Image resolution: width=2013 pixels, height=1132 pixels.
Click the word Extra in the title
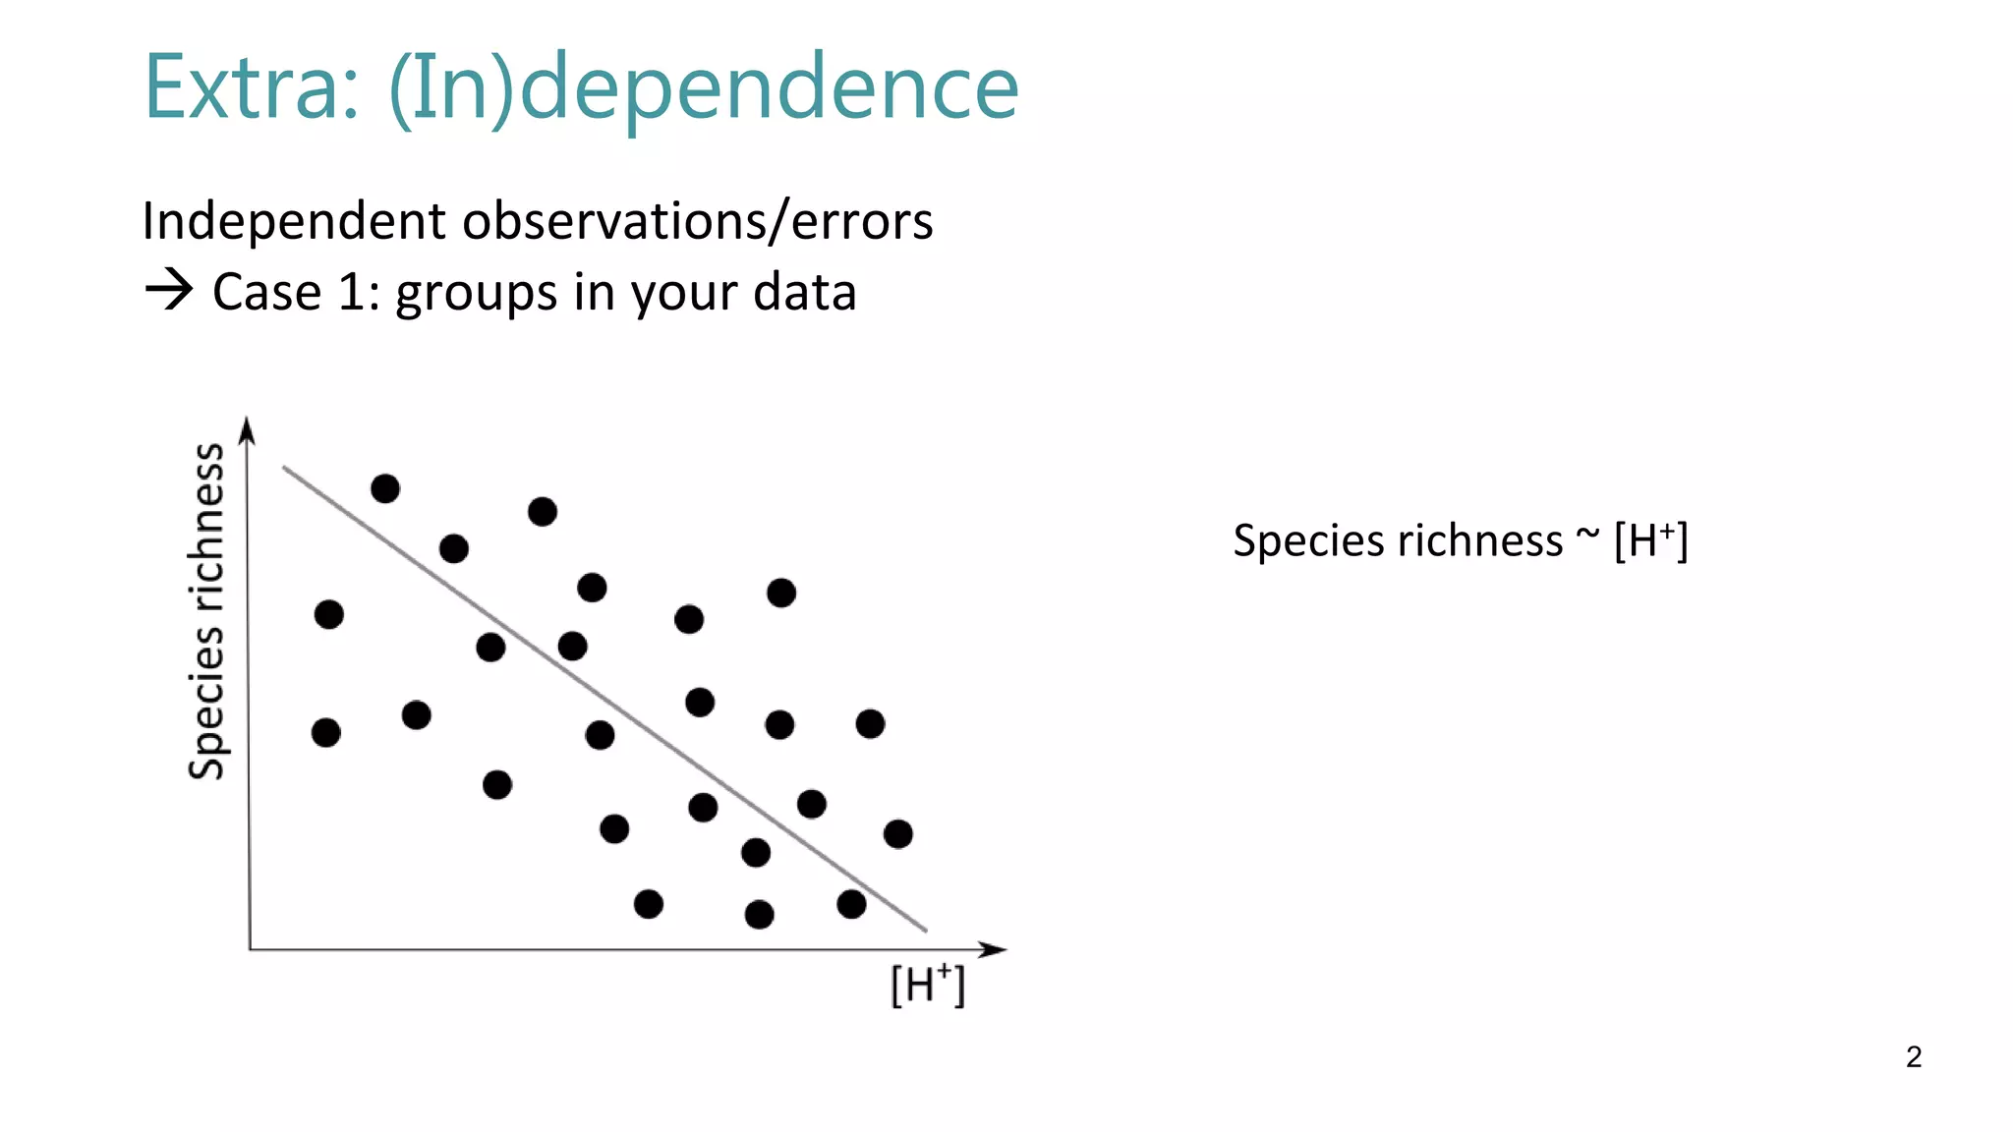click(251, 88)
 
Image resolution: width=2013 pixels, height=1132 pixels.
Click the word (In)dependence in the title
click(704, 88)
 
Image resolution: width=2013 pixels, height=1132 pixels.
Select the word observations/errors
click(697, 221)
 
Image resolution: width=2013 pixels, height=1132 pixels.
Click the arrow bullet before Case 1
click(168, 291)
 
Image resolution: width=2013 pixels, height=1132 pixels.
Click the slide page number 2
click(1913, 1056)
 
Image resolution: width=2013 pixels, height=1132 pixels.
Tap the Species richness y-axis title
click(206, 611)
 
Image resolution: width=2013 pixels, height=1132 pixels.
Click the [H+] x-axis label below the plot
click(927, 985)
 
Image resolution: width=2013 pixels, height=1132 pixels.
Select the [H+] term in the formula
click(1650, 540)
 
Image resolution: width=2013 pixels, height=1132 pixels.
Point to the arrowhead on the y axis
click(248, 429)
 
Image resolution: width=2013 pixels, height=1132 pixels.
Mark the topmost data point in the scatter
click(385, 488)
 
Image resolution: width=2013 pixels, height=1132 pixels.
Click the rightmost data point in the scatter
click(897, 834)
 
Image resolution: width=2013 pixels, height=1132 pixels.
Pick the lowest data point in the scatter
click(759, 915)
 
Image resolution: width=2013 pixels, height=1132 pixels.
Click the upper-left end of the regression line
click(285, 468)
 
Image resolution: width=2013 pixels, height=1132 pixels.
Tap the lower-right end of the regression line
click(925, 929)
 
